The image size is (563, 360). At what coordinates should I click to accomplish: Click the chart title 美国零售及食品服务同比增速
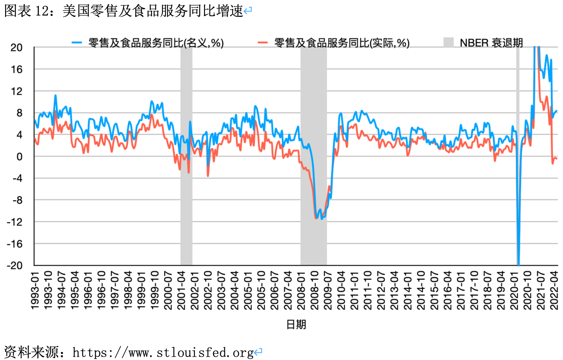click(x=153, y=11)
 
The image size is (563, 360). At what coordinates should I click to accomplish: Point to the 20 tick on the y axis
click(x=16, y=48)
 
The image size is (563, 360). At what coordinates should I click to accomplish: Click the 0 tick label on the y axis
click(x=19, y=157)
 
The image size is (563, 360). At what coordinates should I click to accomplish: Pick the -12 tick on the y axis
click(x=15, y=222)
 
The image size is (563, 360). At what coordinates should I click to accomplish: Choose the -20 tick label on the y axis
click(x=15, y=265)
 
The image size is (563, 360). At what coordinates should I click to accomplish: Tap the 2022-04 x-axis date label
click(x=554, y=291)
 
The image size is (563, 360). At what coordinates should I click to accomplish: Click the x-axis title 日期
click(x=296, y=325)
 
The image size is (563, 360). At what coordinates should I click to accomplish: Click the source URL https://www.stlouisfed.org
click(x=163, y=353)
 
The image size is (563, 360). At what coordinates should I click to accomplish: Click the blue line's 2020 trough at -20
click(x=519, y=264)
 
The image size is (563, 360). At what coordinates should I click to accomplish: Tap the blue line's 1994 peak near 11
click(x=55, y=95)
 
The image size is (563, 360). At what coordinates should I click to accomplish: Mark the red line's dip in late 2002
click(x=208, y=175)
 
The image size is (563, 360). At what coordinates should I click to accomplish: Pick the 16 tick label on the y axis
click(x=16, y=69)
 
